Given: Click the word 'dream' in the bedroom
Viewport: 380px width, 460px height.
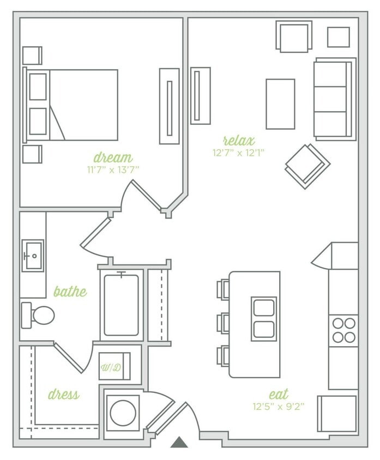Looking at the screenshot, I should click(113, 158).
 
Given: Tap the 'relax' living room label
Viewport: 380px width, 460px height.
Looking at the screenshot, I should click(238, 141).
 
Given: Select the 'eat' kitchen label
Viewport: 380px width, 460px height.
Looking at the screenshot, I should click(278, 394).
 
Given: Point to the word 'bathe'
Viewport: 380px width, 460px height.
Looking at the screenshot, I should click(70, 292).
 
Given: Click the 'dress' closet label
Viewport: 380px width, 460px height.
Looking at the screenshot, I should click(63, 394).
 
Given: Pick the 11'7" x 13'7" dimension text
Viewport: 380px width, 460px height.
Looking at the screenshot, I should click(113, 170).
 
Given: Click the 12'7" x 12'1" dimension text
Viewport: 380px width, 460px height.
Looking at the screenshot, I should click(239, 153).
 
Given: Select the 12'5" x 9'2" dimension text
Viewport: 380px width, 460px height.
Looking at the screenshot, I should click(279, 406).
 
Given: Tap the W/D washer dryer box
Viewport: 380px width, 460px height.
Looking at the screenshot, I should click(114, 367).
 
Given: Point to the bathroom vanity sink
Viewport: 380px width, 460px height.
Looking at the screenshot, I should click(33, 255).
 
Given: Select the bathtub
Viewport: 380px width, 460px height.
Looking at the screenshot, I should click(121, 305).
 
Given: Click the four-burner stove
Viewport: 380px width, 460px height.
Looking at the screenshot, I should click(343, 330).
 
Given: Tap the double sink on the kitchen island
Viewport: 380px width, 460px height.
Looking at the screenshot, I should click(264, 319).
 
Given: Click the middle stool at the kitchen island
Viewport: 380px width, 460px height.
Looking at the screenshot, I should click(224, 323).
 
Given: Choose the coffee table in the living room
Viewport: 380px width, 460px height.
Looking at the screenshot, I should click(280, 104).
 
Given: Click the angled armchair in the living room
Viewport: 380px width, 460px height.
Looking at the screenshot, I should click(307, 165).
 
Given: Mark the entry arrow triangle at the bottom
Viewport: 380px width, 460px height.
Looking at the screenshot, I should click(179, 442).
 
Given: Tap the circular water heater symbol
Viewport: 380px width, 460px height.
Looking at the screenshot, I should click(123, 413).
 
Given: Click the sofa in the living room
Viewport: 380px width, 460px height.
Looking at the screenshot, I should click(333, 99).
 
